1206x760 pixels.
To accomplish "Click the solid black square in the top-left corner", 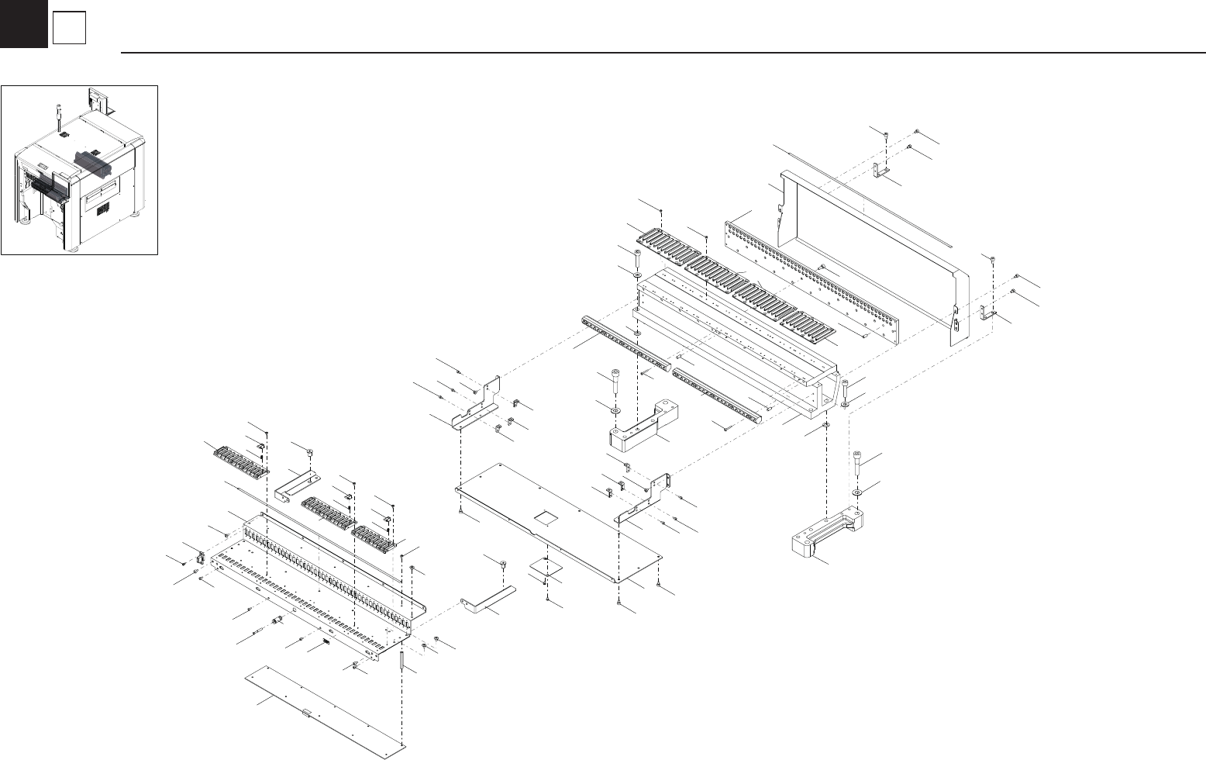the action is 23,23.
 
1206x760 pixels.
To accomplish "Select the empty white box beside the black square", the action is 69,29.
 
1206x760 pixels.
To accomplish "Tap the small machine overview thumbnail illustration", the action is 79,170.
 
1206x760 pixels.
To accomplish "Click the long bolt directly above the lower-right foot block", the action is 858,463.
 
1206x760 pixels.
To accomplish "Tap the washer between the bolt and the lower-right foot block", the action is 857,492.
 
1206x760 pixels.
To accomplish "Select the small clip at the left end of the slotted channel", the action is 200,557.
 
